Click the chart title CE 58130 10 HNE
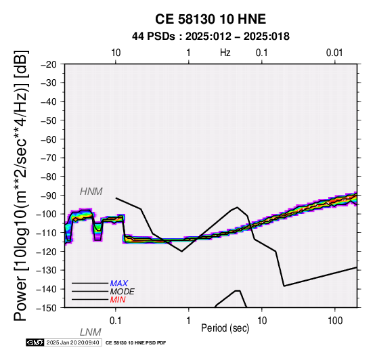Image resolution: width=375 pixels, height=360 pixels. pos(211,19)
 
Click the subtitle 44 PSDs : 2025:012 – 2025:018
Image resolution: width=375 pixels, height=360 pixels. pos(211,37)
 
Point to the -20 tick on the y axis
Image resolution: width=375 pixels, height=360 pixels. pos(49,64)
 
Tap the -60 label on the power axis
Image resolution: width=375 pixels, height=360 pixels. pos(49,139)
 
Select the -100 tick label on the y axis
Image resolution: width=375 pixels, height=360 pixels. pos(47,214)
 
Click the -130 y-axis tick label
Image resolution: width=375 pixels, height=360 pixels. pos(47,270)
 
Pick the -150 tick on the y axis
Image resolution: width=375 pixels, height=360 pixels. pos(47,308)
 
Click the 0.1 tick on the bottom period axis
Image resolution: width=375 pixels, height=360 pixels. pos(116,321)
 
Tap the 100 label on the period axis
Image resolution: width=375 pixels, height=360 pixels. pos(335,321)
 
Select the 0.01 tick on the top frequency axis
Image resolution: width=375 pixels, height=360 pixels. pos(334,53)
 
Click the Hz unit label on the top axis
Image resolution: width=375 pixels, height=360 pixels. pos(225,53)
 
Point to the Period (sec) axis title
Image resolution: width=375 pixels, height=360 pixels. pos(225,328)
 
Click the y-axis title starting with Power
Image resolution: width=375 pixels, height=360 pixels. pos(21,185)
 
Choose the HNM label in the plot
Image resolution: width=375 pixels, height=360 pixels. pos(91,192)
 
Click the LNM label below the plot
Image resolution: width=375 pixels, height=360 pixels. pos(91,332)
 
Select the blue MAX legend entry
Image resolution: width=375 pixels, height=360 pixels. pos(119,284)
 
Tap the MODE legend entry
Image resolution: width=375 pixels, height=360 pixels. pos(123,292)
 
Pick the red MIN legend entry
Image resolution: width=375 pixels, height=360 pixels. pos(118,300)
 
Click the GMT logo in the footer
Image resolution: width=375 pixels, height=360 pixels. pos(35,342)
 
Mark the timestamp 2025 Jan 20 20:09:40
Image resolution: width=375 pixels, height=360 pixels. pos(72,342)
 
